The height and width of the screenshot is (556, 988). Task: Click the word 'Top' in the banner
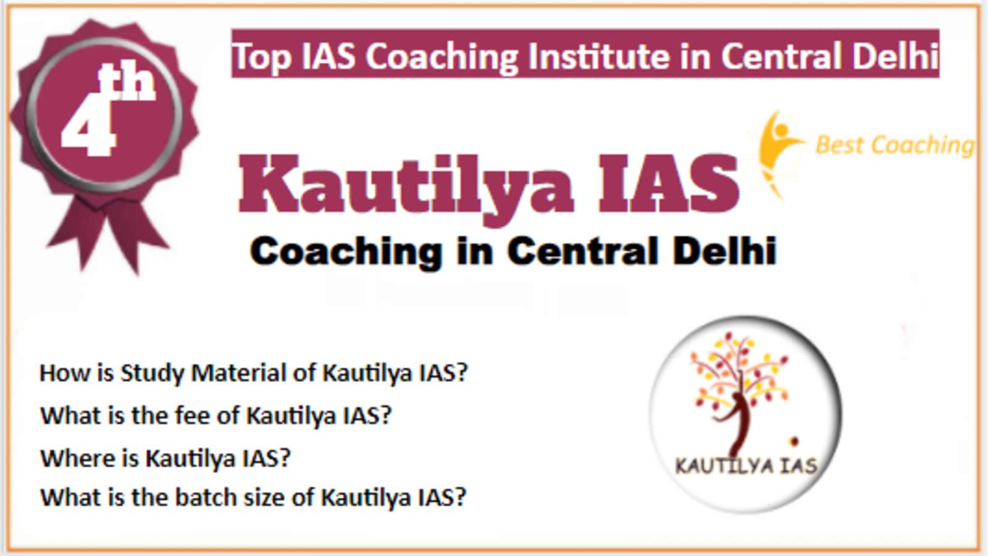pos(262,56)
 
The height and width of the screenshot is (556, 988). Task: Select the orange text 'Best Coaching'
pos(895,145)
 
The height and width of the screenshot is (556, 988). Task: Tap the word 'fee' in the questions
pos(193,415)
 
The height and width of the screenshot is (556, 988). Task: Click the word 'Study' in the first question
pos(152,374)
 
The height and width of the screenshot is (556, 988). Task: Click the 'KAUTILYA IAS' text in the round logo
pos(747,466)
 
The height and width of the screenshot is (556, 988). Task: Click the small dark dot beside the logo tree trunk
pos(794,441)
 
